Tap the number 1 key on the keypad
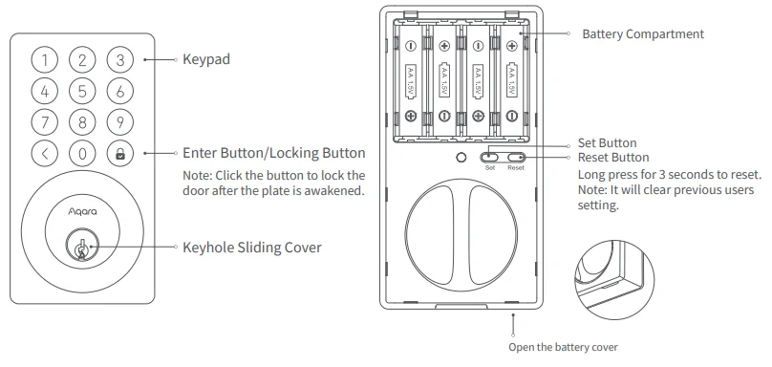45,60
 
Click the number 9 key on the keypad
119,122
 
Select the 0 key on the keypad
82,153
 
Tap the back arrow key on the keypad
45,153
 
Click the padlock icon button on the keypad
119,153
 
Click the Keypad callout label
206,59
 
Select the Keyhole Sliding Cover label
251,248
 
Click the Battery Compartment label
643,34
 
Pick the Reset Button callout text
613,157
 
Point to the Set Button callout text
607,143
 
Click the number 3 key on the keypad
119,60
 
